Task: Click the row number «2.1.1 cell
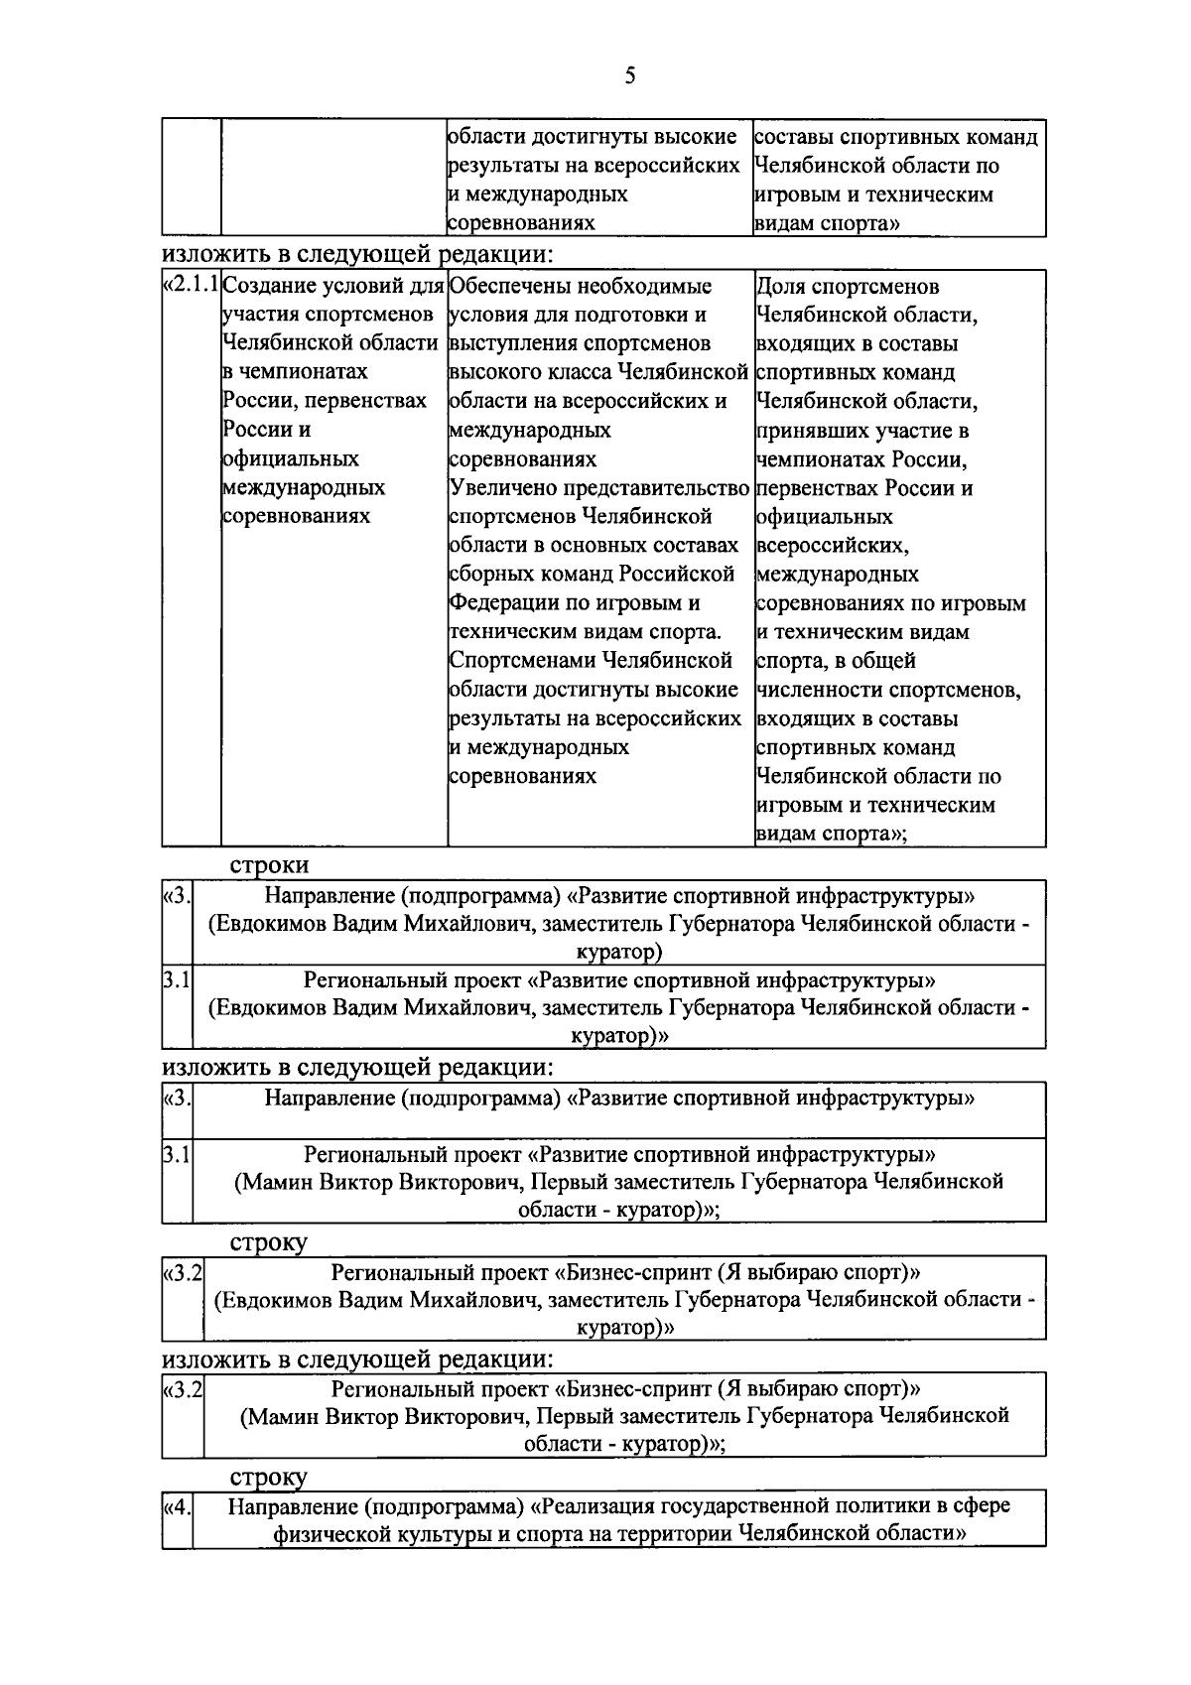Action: point(192,287)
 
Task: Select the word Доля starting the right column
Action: point(780,287)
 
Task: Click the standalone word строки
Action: point(269,864)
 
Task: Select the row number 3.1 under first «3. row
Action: point(177,980)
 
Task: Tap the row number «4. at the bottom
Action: point(177,1506)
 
